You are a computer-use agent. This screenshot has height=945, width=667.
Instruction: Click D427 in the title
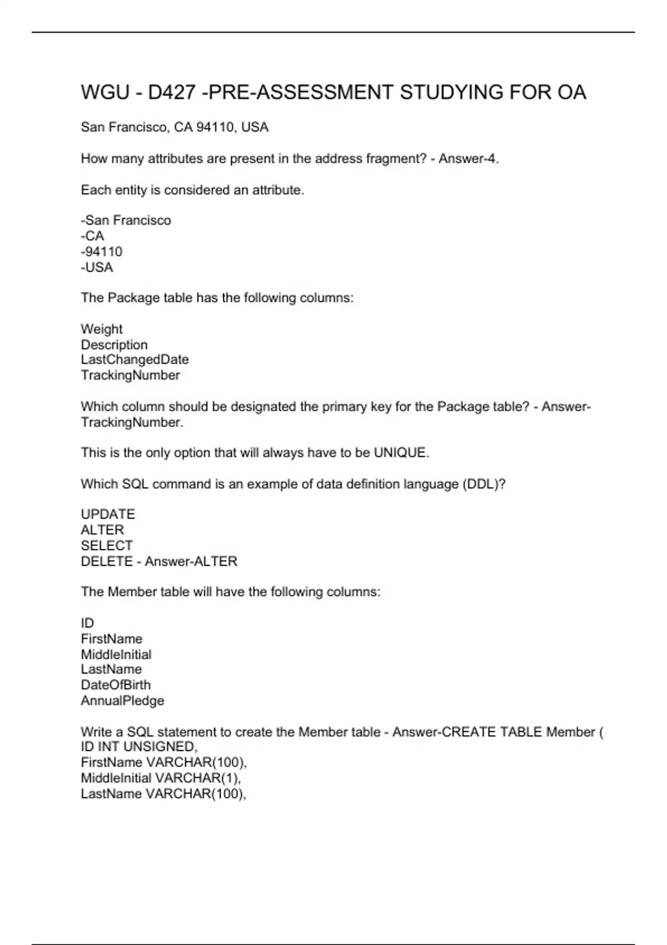(172, 92)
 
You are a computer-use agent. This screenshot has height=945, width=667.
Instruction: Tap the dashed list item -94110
(102, 252)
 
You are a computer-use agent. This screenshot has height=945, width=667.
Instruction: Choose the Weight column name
(102, 329)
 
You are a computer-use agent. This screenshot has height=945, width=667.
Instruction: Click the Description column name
(115, 345)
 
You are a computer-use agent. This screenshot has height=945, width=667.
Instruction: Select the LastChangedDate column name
(135, 360)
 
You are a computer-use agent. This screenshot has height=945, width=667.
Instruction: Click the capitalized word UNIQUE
(400, 453)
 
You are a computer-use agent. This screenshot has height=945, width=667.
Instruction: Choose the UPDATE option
(108, 514)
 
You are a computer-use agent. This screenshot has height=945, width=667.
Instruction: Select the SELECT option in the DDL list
(107, 546)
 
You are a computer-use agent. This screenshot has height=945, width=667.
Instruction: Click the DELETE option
(107, 561)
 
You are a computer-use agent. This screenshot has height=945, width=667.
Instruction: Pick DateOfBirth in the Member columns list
(116, 685)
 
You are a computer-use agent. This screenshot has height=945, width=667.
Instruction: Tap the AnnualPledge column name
(122, 700)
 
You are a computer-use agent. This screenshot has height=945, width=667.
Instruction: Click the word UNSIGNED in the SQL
(160, 747)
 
